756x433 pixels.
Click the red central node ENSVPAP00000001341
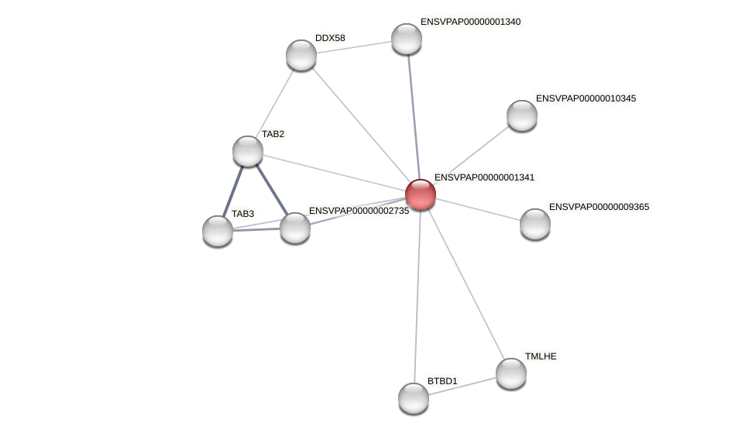[x=421, y=194]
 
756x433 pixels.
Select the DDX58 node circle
[x=301, y=55]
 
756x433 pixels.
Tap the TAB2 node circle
[x=248, y=151]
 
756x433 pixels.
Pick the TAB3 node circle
[x=218, y=231]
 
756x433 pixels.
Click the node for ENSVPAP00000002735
[x=295, y=228]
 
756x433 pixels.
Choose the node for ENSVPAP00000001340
[x=407, y=39]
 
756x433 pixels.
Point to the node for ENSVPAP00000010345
[x=522, y=115]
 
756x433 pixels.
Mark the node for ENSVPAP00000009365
[x=535, y=224]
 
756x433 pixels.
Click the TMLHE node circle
[x=511, y=373]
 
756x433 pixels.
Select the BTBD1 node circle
[x=414, y=398]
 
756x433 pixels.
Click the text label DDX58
[x=330, y=38]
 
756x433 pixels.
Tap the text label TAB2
[x=273, y=134]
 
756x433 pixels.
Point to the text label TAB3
[x=242, y=214]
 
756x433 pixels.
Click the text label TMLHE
[x=541, y=356]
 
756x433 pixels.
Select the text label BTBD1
[x=442, y=381]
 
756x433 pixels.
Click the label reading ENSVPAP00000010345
[x=586, y=98]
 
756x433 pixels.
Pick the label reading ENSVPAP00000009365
[x=599, y=207]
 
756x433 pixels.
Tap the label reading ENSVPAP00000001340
[x=470, y=22]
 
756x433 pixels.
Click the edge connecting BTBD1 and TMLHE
[x=462, y=386]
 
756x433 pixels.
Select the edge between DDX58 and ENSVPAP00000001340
[x=354, y=47]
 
